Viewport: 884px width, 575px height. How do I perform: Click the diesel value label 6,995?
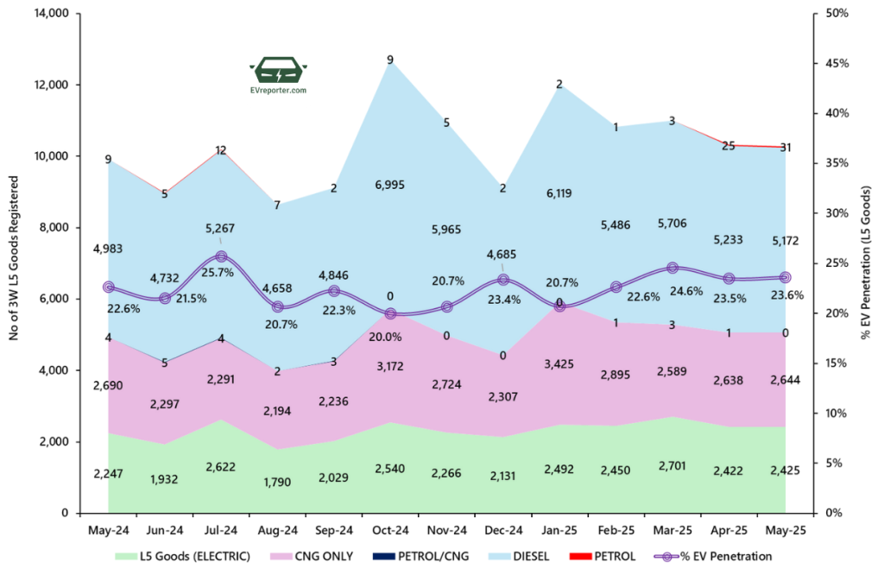pos(390,185)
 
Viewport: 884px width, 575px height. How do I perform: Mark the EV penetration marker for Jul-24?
pos(221,256)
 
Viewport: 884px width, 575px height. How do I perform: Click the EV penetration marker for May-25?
pos(785,277)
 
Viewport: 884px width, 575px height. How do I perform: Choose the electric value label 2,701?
pos(672,470)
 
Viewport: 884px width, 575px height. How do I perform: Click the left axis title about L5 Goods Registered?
pos(14,258)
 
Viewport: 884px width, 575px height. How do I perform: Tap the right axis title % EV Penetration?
pos(868,258)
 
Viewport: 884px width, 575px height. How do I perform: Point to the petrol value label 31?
pos(785,147)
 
